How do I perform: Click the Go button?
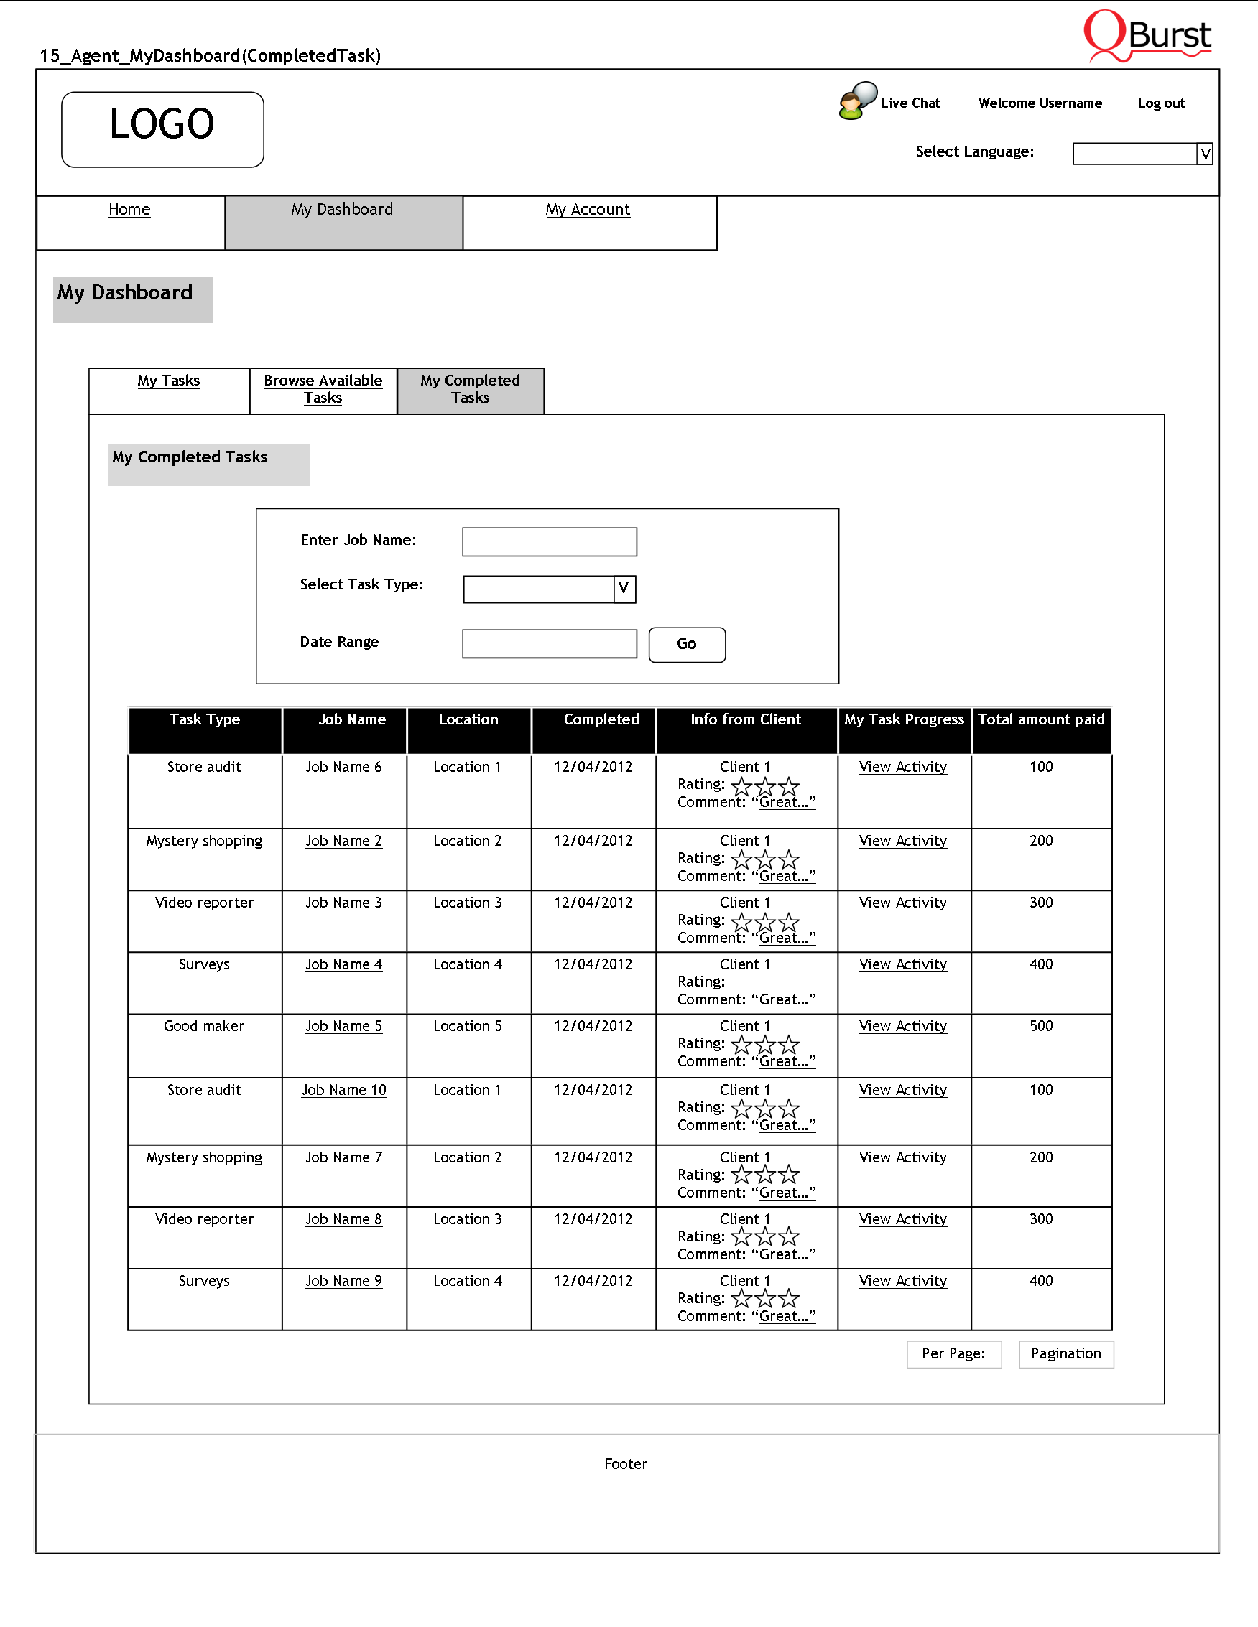(686, 644)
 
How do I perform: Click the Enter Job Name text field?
(550, 541)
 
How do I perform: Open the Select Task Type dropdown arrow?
(624, 589)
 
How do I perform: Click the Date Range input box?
(550, 643)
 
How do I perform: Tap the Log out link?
(1160, 103)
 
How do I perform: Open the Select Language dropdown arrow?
(1204, 154)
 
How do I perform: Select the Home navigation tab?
(129, 210)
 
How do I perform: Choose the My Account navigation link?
(587, 210)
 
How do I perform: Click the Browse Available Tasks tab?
(323, 389)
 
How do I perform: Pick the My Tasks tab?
(168, 381)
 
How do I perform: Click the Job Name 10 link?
(343, 1090)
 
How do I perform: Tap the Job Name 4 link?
(343, 964)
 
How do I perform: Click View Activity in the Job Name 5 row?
(902, 1026)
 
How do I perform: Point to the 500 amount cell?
(1040, 1026)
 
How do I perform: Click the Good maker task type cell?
(204, 1026)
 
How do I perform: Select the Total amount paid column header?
(1040, 719)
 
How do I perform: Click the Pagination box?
(1065, 1353)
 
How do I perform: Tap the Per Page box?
(953, 1353)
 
